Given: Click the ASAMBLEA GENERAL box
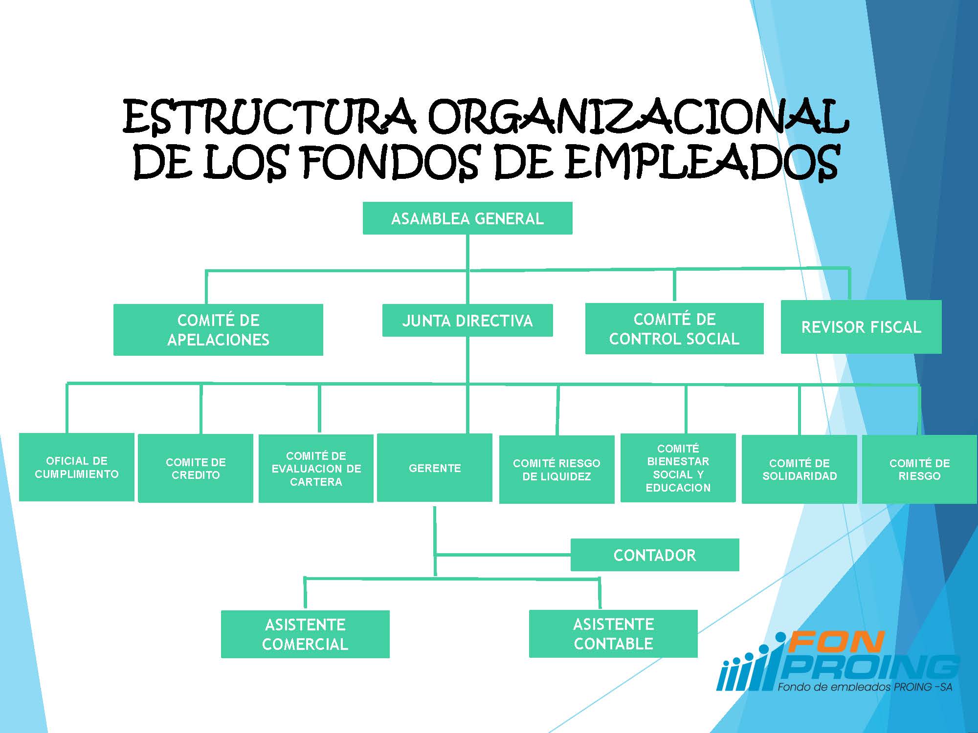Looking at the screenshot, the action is (467, 218).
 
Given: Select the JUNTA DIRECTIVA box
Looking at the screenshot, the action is (467, 321).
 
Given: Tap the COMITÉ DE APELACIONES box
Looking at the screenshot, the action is (218, 330).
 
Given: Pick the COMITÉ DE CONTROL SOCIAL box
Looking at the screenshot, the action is (674, 328).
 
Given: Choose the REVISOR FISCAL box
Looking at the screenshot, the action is (861, 326).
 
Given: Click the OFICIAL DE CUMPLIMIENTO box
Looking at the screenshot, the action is (77, 467).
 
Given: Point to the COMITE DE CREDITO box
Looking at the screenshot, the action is (196, 468).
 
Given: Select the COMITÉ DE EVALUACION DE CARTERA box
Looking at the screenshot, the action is (316, 469).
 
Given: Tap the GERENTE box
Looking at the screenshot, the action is (435, 468).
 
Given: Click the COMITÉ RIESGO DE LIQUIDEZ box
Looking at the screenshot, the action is (556, 470).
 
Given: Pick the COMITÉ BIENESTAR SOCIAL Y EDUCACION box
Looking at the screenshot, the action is (678, 468).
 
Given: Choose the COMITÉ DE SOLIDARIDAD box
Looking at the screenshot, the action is (800, 470).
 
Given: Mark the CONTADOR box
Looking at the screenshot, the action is (655, 555).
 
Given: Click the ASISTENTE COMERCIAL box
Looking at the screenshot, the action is (305, 634).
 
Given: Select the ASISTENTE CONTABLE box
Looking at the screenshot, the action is (613, 634).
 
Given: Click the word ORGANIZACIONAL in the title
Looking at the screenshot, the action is (638, 117).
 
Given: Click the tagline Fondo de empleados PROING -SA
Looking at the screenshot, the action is (865, 687).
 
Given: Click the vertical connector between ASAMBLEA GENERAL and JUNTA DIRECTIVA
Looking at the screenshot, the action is (468, 269).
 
